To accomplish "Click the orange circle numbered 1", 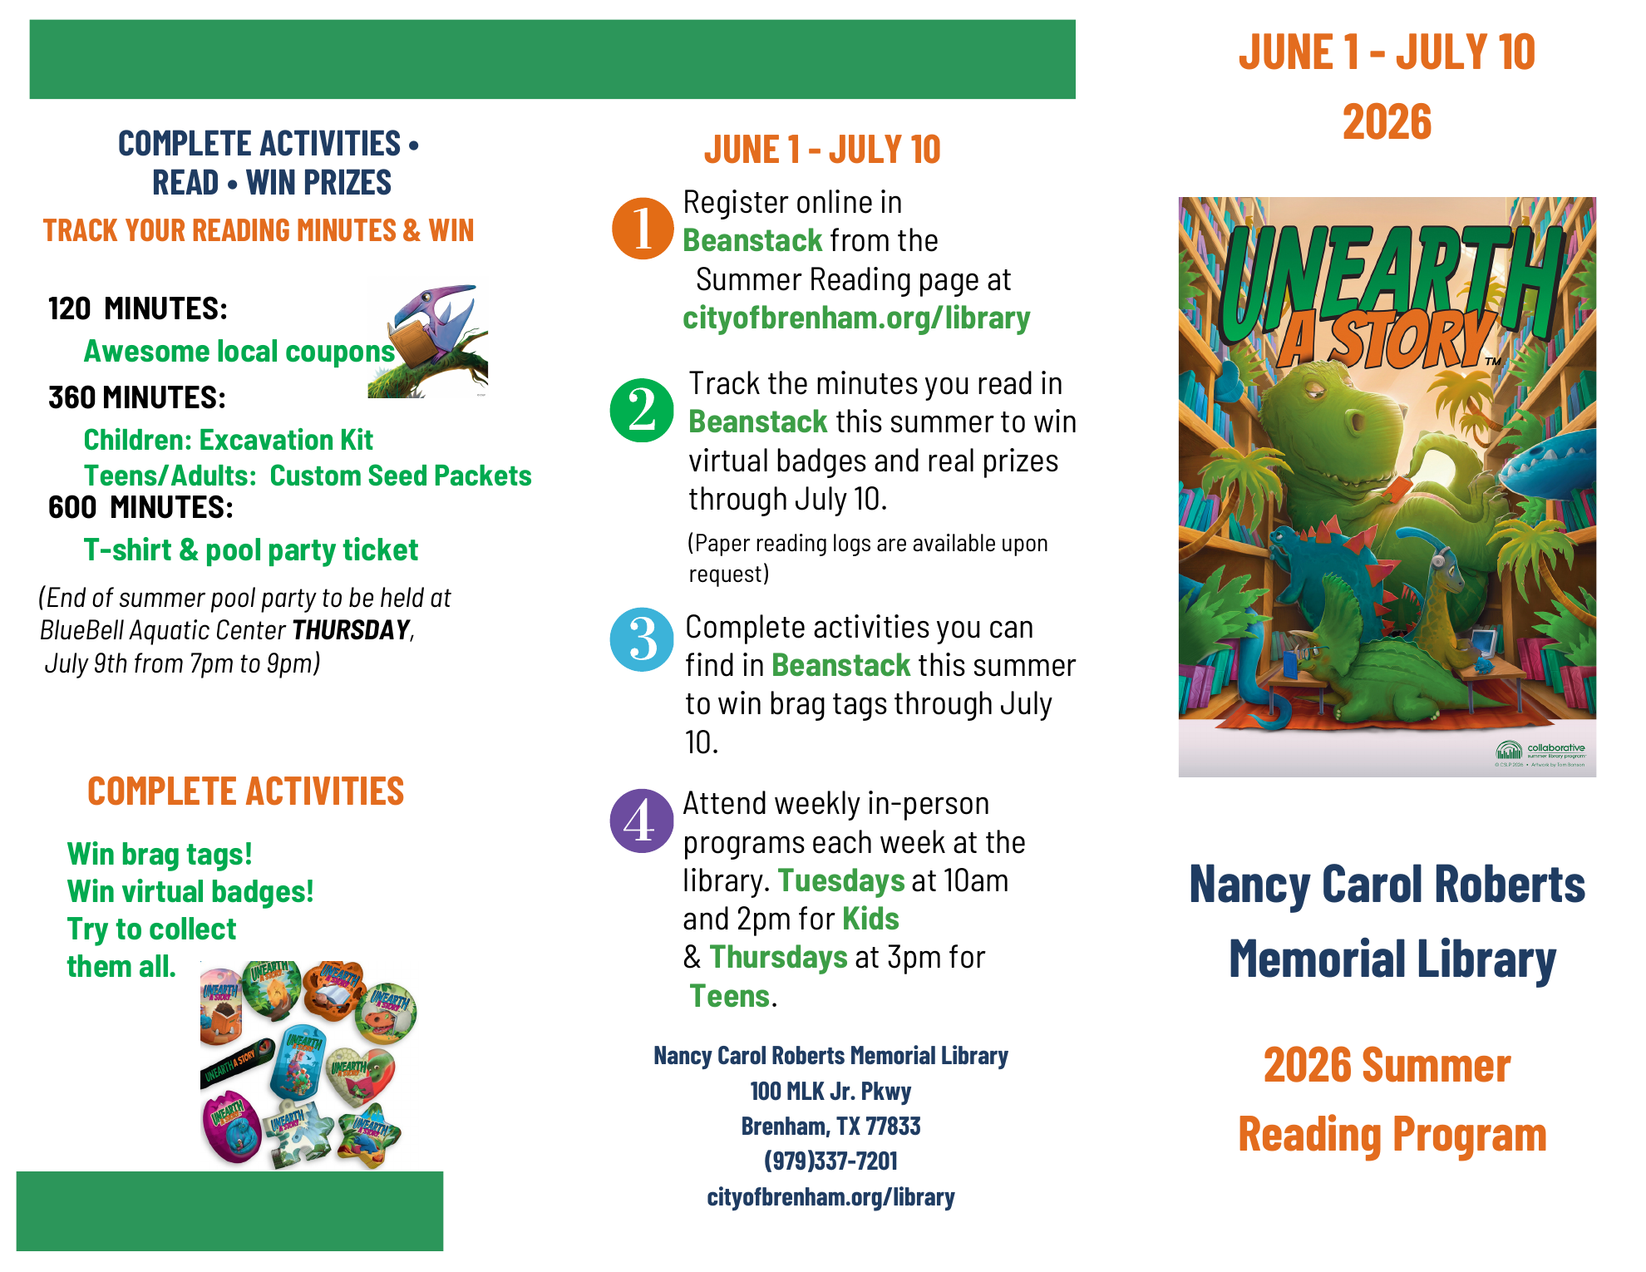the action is (x=642, y=228).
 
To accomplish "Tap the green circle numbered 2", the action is (x=642, y=410).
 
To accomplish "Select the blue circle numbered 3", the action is (x=642, y=640).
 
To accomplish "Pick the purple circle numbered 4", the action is (x=642, y=821).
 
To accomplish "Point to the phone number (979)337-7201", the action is (x=830, y=1161).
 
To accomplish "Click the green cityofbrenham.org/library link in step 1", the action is (x=856, y=318).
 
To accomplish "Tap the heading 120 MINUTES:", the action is (x=138, y=308).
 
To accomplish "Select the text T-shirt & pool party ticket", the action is (x=250, y=550).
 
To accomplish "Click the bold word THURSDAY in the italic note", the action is (x=351, y=630).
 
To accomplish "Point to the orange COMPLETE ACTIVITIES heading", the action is (x=246, y=791).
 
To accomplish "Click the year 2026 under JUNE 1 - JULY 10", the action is (x=1387, y=122).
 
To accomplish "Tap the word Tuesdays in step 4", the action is (x=841, y=880).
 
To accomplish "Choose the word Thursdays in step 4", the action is (x=778, y=958).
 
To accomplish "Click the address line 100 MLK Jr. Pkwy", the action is (x=830, y=1091).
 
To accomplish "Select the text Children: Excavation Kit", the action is (x=229, y=440).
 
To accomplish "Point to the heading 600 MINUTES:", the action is (x=140, y=507).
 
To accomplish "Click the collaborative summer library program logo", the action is (x=1540, y=751).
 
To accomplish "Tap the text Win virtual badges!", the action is (x=190, y=891).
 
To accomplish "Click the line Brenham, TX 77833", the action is (x=830, y=1126).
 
